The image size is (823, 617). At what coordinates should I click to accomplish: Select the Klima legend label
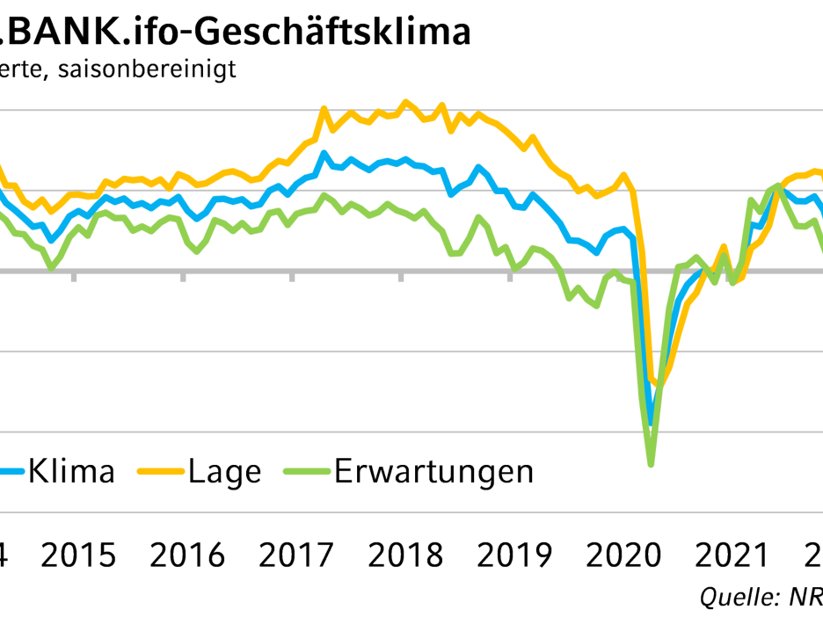click(71, 471)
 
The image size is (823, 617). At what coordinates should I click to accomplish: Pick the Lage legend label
click(224, 471)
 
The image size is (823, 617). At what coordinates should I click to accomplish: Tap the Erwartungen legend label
click(433, 471)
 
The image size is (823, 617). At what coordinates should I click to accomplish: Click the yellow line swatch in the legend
click(159, 473)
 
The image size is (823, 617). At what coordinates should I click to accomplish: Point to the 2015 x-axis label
click(79, 556)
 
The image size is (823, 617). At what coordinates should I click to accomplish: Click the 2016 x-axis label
click(187, 556)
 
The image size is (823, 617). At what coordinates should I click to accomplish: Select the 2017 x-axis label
click(295, 556)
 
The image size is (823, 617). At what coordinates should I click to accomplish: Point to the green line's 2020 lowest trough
click(651, 463)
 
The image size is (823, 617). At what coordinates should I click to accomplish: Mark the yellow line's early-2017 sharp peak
click(323, 108)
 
